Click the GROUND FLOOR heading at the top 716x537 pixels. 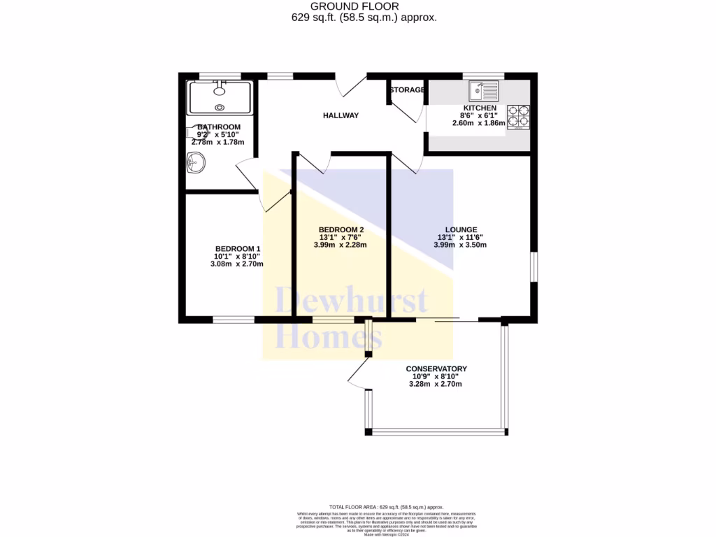click(364, 6)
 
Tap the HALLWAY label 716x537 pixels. click(341, 115)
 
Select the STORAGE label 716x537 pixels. click(407, 90)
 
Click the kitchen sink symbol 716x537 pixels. click(484, 90)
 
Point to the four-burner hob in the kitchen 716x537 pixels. click(518, 117)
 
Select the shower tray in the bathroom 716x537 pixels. click(220, 97)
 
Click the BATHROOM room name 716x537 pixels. click(218, 127)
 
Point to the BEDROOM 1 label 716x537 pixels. click(238, 249)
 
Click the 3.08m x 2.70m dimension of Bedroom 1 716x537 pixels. click(238, 264)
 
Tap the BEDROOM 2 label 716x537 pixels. click(341, 229)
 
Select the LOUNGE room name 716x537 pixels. click(461, 229)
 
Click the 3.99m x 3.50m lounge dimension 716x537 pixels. click(459, 245)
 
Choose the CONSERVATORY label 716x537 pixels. click(436, 368)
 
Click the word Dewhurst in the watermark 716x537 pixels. click(351, 302)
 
